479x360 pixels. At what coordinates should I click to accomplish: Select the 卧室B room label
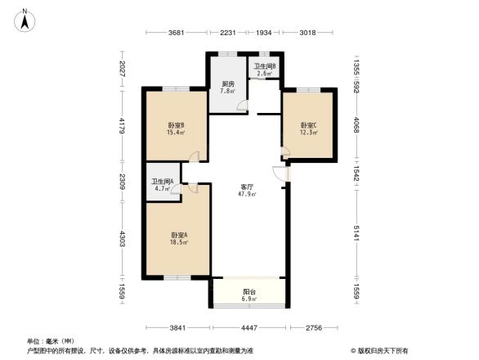[175, 124]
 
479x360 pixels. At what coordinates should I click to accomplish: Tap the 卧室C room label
[309, 124]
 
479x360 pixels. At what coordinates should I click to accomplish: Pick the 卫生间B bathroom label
[264, 66]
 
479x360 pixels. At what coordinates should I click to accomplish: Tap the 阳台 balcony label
[248, 292]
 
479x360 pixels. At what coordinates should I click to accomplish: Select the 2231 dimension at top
[228, 33]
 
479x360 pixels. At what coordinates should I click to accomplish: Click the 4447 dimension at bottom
[252, 327]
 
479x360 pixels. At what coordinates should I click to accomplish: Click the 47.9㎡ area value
[247, 194]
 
